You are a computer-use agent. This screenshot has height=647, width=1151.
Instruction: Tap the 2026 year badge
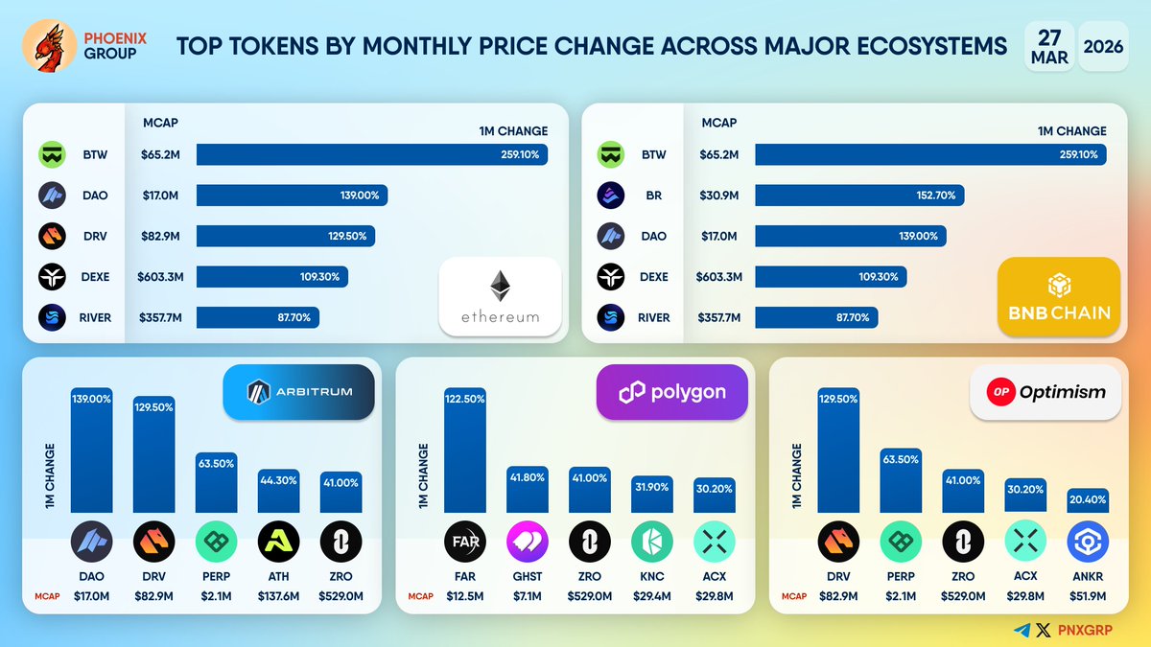[x=1103, y=45]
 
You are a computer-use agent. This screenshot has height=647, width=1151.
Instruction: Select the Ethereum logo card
[x=500, y=296]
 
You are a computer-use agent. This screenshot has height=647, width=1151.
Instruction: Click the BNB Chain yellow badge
[x=1059, y=297]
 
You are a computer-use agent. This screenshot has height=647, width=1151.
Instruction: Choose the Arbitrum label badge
[x=298, y=391]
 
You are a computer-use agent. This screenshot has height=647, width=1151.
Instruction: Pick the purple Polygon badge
[x=671, y=391]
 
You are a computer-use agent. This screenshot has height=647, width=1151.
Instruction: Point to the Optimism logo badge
[x=1045, y=391]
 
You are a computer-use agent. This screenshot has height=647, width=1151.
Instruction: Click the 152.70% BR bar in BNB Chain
[x=859, y=196]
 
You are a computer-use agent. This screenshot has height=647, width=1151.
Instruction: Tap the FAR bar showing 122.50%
[x=465, y=451]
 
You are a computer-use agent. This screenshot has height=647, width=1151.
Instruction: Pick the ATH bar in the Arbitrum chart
[x=278, y=491]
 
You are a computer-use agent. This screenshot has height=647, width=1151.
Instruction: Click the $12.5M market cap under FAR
[x=465, y=596]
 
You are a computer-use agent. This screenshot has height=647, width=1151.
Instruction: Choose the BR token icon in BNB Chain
[x=612, y=196]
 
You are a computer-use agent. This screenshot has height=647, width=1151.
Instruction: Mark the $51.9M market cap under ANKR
[x=1088, y=596]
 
